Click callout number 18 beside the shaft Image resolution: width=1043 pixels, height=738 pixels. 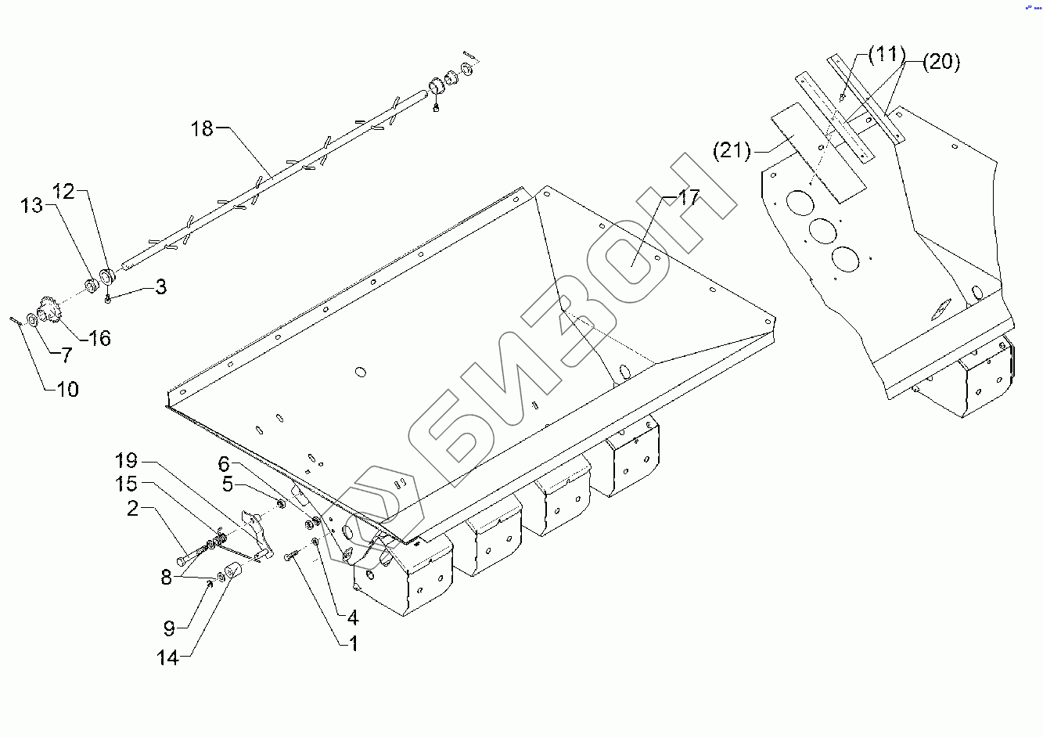tap(202, 128)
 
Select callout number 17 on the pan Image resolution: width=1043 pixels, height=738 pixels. tap(688, 197)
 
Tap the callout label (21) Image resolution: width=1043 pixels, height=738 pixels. tap(732, 149)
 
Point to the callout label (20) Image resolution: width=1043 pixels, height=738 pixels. tap(940, 62)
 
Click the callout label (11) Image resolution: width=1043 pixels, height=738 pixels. tap(886, 55)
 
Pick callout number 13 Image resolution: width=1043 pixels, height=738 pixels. tap(31, 205)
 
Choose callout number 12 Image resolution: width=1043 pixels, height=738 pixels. tap(63, 190)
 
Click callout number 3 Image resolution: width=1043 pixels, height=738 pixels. tap(160, 286)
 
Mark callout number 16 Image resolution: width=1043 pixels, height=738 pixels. tap(99, 338)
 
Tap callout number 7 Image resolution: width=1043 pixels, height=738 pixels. tap(67, 355)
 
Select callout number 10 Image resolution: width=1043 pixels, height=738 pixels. tap(68, 389)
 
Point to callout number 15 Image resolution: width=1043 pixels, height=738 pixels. tap(126, 484)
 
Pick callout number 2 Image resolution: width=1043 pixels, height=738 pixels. tap(133, 509)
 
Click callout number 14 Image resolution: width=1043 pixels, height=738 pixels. tap(168, 657)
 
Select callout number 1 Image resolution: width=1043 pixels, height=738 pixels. tap(353, 643)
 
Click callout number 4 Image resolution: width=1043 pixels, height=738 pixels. tap(353, 618)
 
